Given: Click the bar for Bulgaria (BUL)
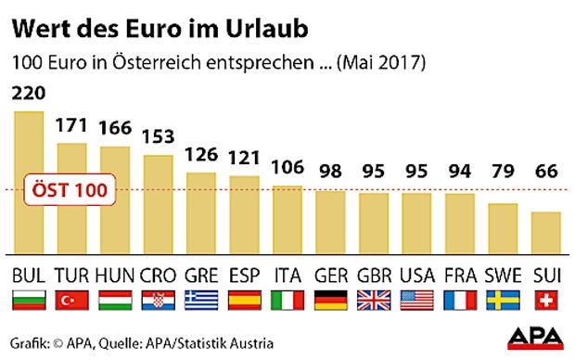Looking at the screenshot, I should pyautogui.click(x=28, y=182).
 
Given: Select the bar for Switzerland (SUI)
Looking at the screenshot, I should pyautogui.click(x=547, y=232).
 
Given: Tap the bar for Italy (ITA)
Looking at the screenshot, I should pyautogui.click(x=287, y=218).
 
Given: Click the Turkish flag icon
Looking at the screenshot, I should pyautogui.click(x=71, y=301).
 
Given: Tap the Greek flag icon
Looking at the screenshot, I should pyautogui.click(x=201, y=301).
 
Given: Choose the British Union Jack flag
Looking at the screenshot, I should pyautogui.click(x=374, y=301).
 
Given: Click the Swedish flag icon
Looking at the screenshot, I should pyautogui.click(x=504, y=301).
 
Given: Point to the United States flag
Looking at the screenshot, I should pyautogui.click(x=417, y=301).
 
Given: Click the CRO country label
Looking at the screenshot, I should pyautogui.click(x=158, y=276).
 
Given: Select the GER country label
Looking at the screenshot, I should pyautogui.click(x=331, y=276).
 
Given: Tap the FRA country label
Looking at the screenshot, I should pyautogui.click(x=461, y=276).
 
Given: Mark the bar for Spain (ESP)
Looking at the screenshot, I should pyautogui.click(x=245, y=213).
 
